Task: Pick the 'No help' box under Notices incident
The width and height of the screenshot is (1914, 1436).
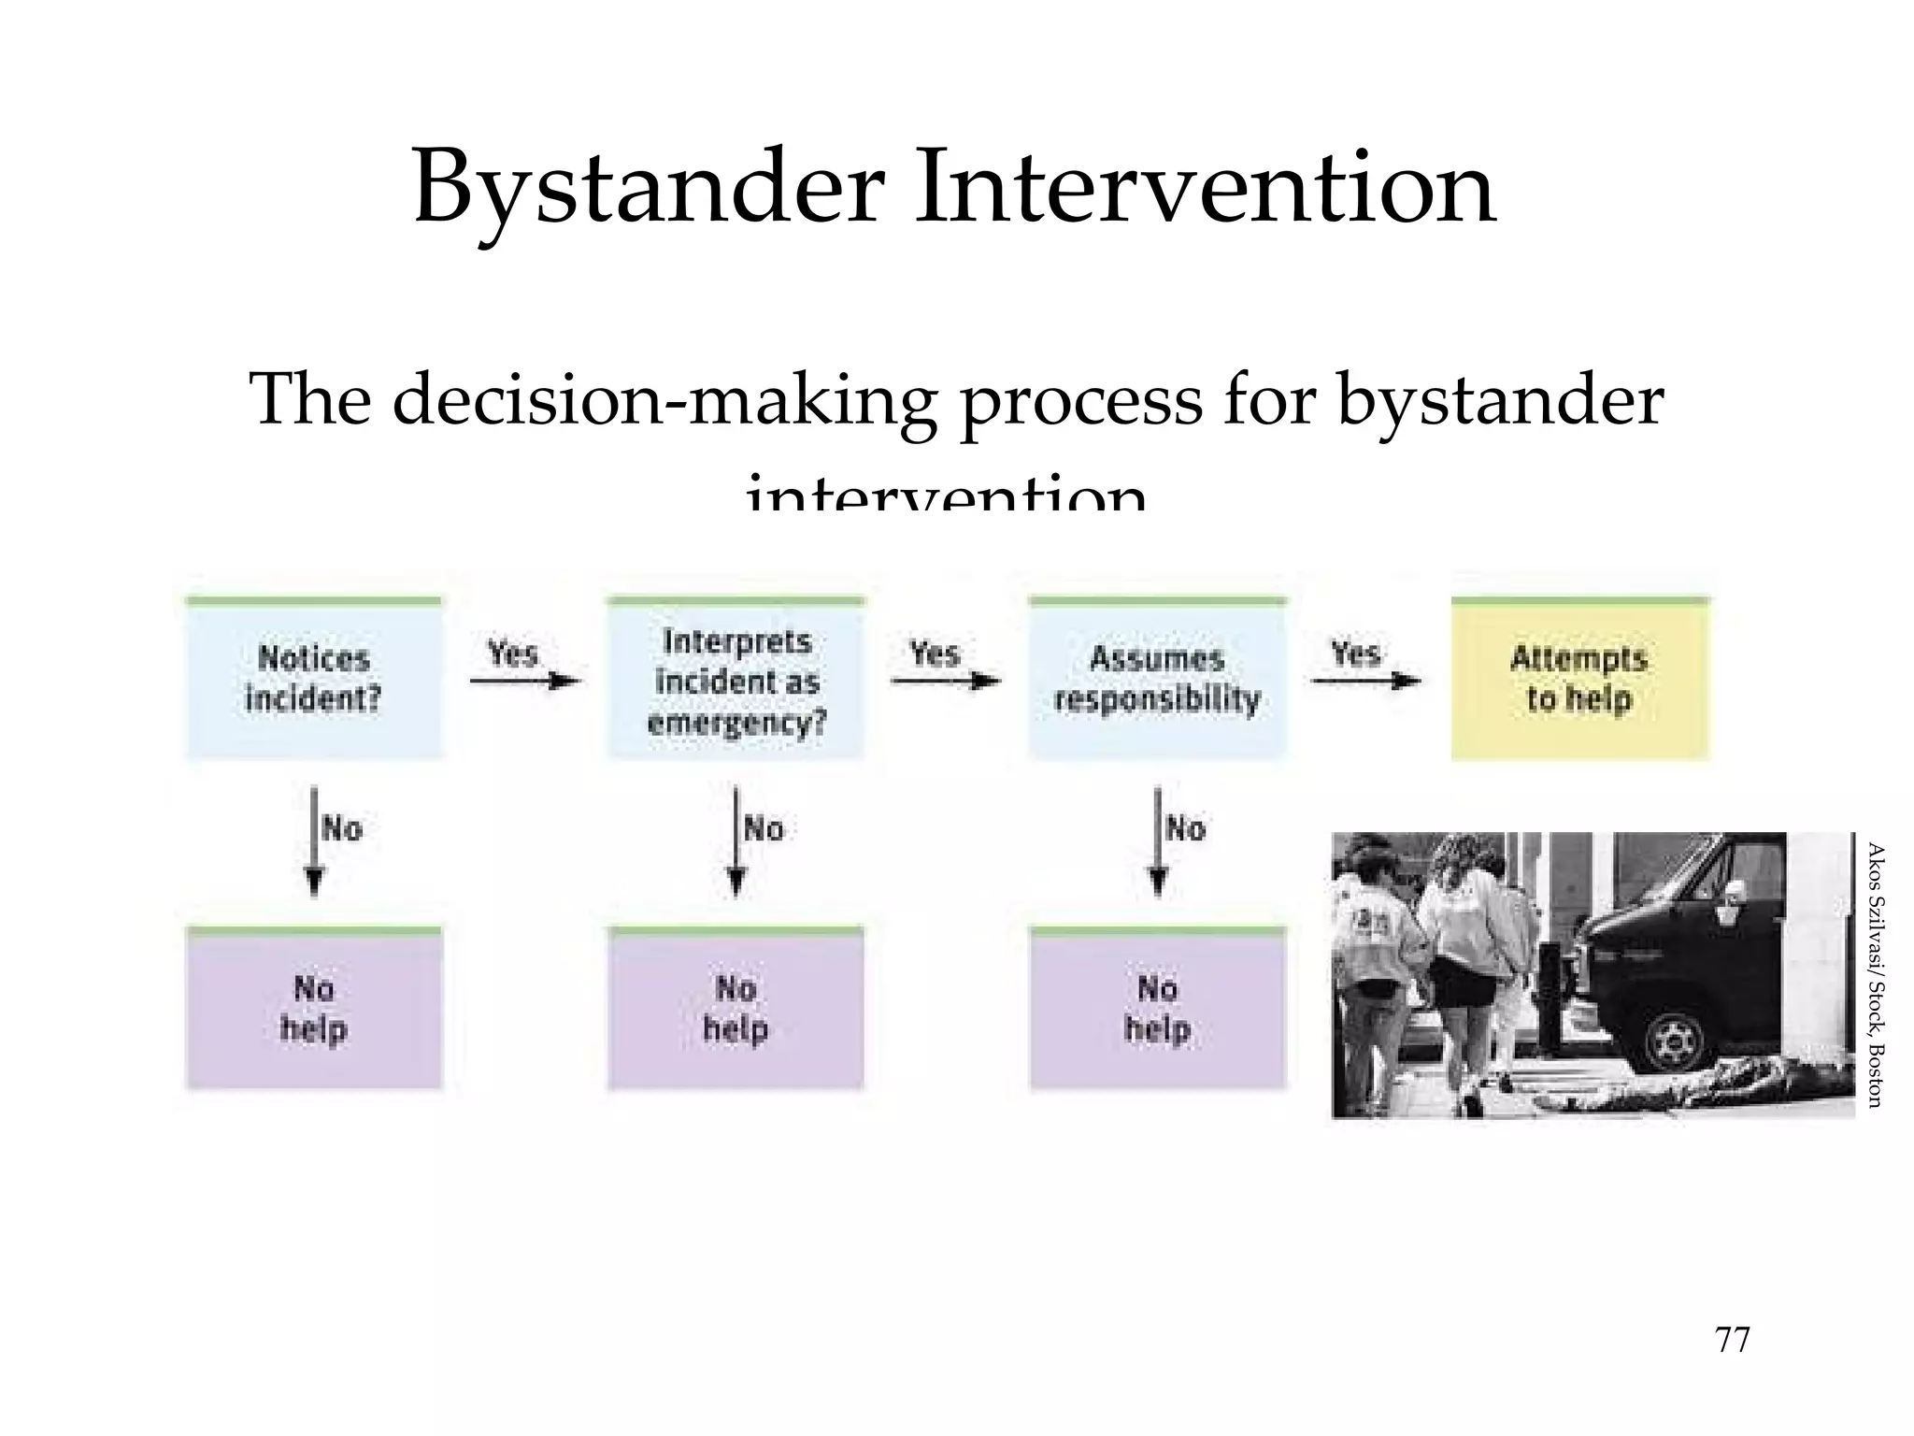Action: pos(313,1010)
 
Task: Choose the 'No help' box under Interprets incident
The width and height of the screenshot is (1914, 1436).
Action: pos(736,1010)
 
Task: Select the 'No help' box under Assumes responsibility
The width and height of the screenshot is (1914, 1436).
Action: pos(1157,1010)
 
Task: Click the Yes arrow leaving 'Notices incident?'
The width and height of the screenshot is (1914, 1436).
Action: pos(525,681)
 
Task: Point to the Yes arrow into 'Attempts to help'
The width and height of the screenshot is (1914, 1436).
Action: pos(1366,681)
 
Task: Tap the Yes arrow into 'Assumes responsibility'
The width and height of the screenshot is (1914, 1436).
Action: pos(946,681)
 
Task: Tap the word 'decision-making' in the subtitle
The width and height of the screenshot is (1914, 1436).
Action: pos(664,400)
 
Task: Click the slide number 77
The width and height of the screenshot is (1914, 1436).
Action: pos(1733,1341)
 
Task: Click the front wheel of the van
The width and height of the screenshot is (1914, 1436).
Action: pos(1676,1037)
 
